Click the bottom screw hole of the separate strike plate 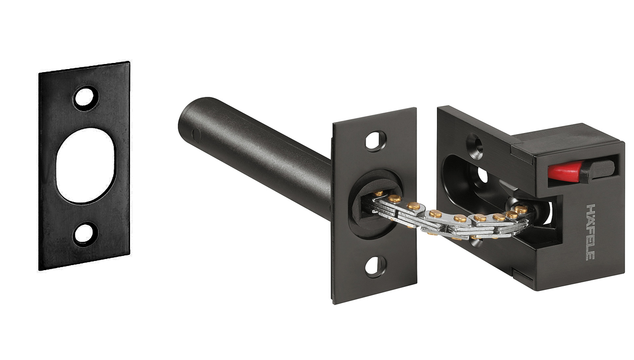click(x=84, y=234)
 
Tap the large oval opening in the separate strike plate click(x=85, y=166)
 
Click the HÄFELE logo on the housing click(x=590, y=232)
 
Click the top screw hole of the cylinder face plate click(x=375, y=141)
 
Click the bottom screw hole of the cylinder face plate click(x=375, y=267)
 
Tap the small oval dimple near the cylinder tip click(x=196, y=135)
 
